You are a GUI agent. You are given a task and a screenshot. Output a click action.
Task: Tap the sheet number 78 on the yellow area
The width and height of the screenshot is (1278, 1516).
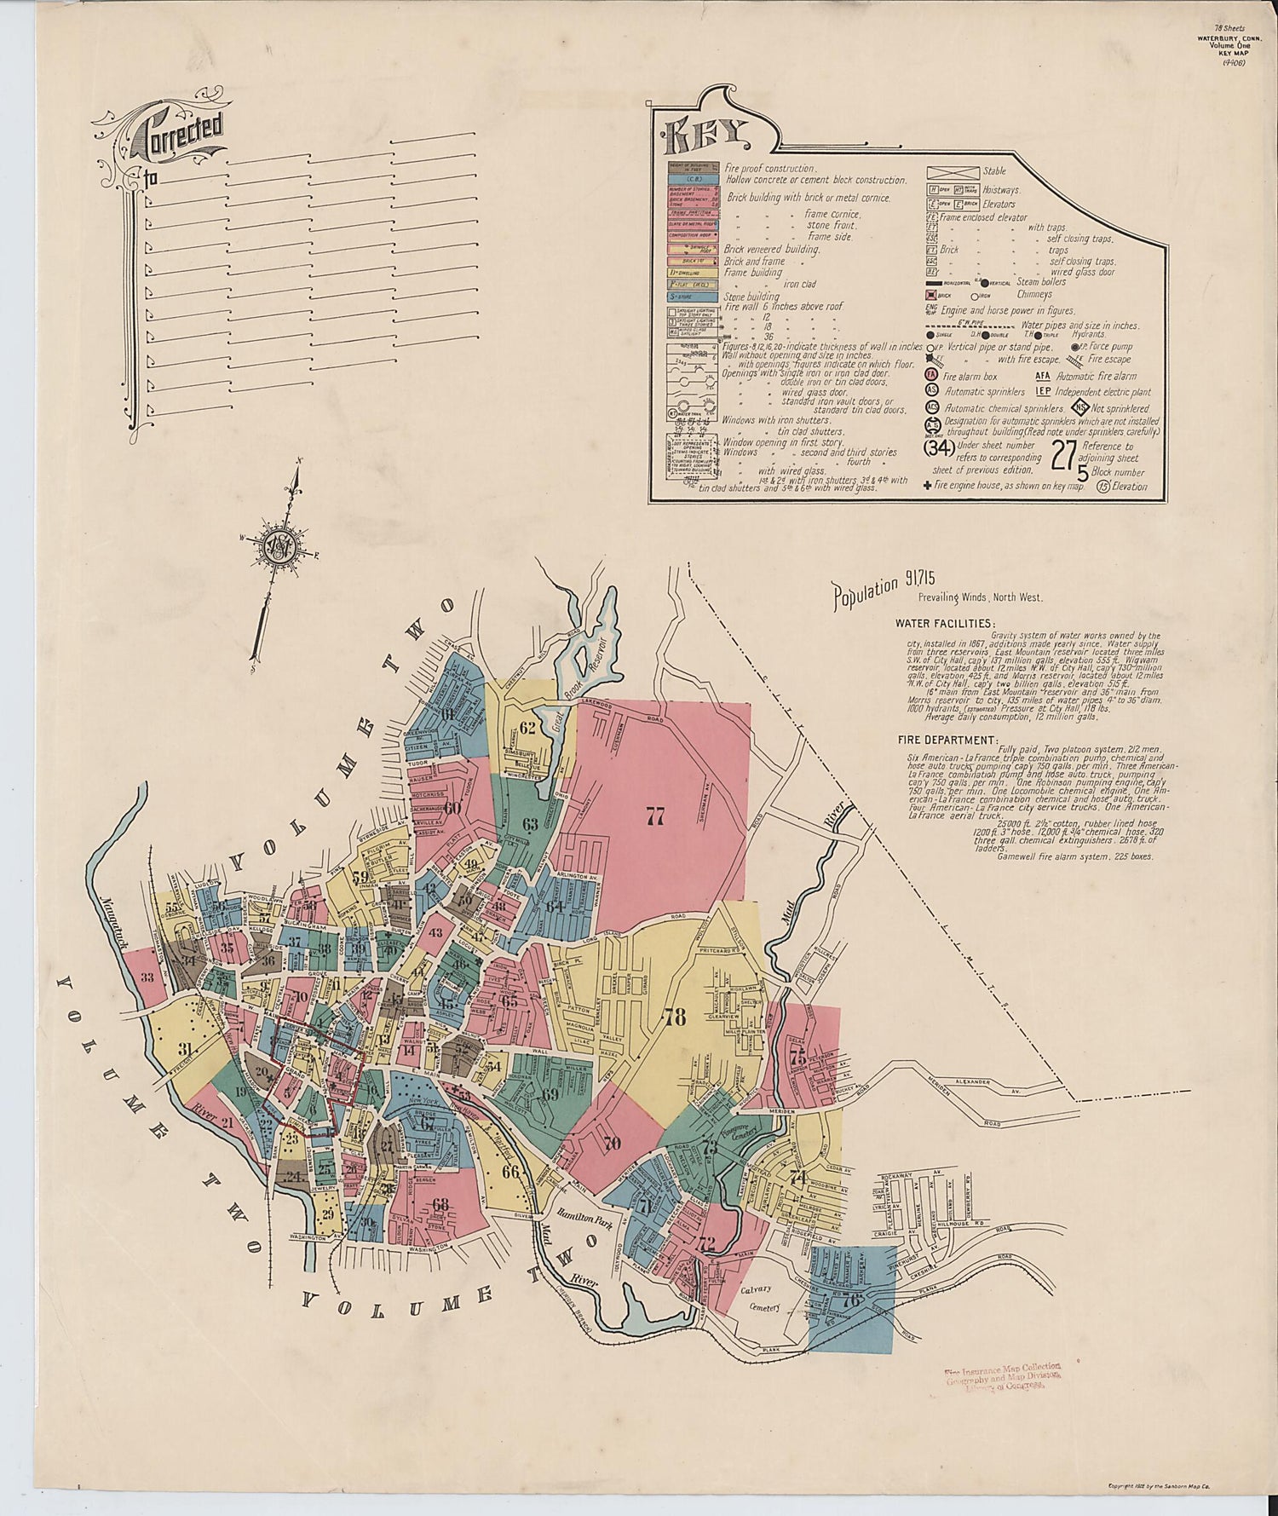[x=675, y=1017]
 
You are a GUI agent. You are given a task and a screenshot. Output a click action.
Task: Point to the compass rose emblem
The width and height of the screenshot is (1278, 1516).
[x=280, y=546]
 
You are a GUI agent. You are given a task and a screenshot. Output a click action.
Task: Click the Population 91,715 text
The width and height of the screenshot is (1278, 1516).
[x=866, y=590]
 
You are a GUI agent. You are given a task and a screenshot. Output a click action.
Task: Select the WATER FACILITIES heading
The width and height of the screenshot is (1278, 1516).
[x=945, y=623]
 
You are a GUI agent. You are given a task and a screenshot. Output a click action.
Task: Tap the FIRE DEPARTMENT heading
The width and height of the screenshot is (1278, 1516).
[x=946, y=740]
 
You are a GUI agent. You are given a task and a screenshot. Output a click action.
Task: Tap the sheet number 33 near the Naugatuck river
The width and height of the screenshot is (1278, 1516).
[x=147, y=977]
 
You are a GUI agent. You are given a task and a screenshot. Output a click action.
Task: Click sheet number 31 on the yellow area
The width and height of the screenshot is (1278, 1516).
[x=185, y=1049]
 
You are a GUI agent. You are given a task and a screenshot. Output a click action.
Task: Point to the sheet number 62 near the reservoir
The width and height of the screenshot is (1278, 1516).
[x=527, y=728]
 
